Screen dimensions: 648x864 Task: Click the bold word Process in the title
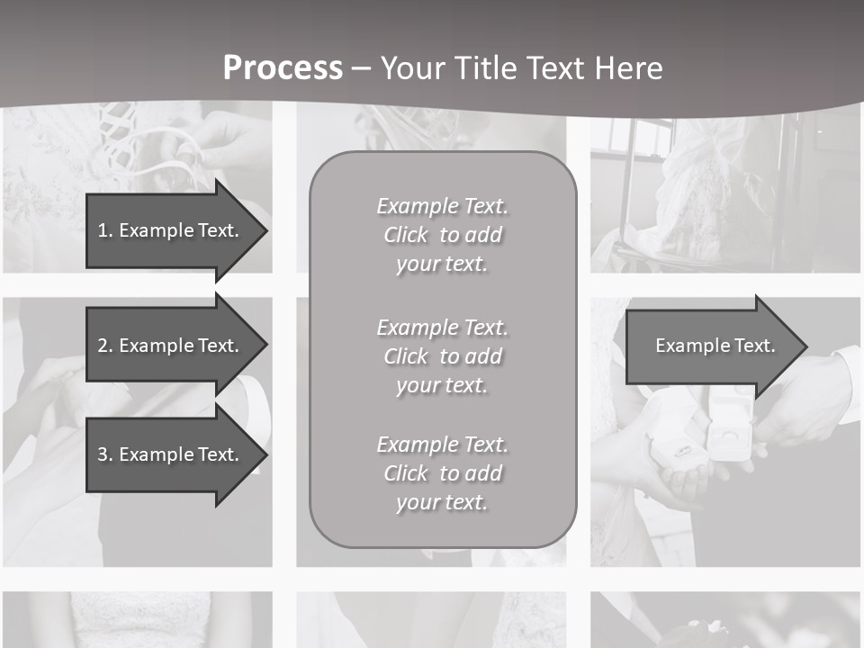pyautogui.click(x=283, y=68)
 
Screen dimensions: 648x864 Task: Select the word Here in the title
pyautogui.click(x=628, y=68)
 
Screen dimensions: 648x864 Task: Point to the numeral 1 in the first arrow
pyautogui.click(x=103, y=230)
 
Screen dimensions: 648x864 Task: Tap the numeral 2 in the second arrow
pyautogui.click(x=103, y=346)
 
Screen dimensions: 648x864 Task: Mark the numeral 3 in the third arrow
pyautogui.click(x=103, y=454)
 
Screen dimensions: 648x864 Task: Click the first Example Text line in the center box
pyautogui.click(x=442, y=206)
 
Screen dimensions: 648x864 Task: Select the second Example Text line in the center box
pyautogui.click(x=442, y=328)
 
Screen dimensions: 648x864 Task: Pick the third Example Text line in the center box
pyautogui.click(x=442, y=445)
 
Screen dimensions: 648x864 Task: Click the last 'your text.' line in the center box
pyautogui.click(x=442, y=502)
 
